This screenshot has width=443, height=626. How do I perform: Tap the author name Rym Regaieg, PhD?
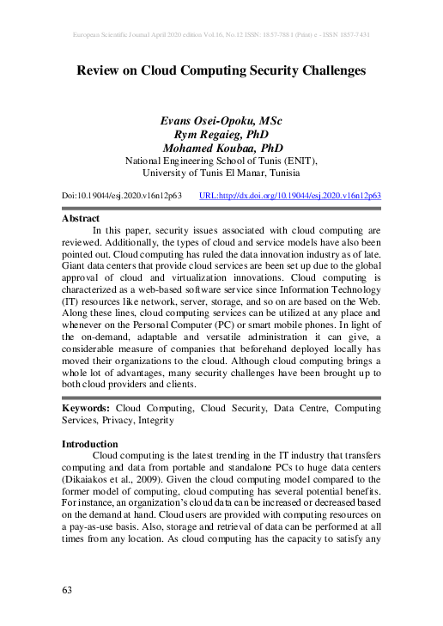tap(221, 135)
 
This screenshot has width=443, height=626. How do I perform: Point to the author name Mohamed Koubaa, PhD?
tap(221, 148)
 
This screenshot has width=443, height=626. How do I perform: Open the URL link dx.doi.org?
tap(289, 196)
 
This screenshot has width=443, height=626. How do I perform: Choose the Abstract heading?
tap(81, 219)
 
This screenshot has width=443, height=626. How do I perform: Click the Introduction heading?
tap(92, 444)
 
